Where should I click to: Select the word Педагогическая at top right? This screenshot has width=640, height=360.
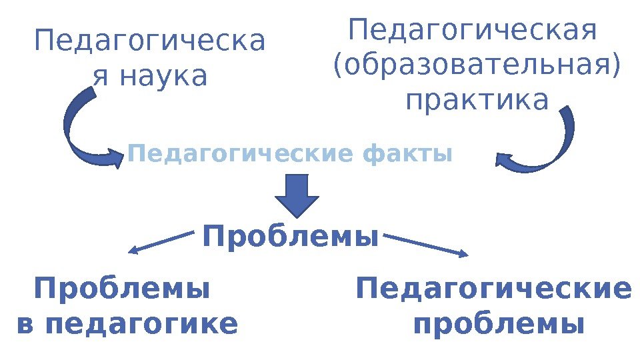click(x=473, y=31)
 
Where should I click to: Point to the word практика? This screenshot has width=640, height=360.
click(x=477, y=101)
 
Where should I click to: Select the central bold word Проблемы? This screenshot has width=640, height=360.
click(x=291, y=237)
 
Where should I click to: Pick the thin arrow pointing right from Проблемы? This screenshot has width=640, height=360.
click(x=427, y=244)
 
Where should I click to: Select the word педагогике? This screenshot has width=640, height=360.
click(x=144, y=325)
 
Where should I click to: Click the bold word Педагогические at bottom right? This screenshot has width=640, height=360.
click(x=493, y=290)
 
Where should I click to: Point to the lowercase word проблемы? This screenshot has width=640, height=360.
click(x=499, y=325)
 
